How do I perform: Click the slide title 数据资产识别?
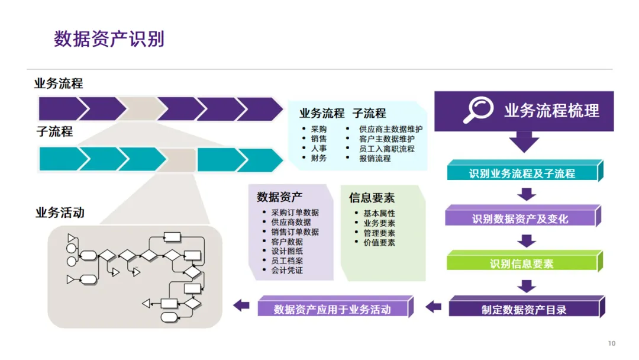109,39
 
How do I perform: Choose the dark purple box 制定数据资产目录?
524,309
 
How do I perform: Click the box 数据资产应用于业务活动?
332,309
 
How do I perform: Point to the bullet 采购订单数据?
295,213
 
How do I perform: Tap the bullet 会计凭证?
287,271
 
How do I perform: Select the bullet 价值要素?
379,243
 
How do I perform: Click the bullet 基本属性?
379,214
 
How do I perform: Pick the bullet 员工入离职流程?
387,149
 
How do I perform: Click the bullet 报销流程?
375,159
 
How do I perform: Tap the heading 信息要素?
372,198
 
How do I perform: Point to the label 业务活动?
60,213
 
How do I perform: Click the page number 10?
612,343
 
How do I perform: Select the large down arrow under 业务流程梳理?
524,142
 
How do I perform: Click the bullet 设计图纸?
287,251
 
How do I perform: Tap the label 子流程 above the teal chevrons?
54,131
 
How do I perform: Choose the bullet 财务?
318,159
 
